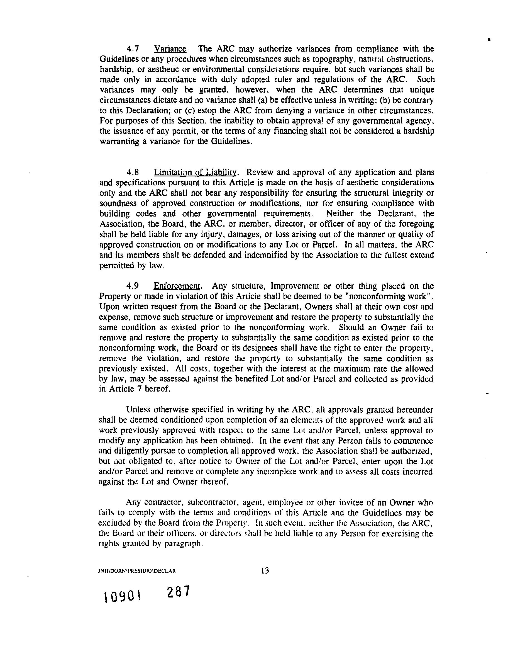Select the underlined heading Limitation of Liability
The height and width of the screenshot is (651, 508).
tap(195, 172)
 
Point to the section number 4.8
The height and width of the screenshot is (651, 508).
tap(133, 172)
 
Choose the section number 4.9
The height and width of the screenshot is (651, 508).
tap(133, 286)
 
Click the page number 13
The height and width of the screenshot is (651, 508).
tap(265, 570)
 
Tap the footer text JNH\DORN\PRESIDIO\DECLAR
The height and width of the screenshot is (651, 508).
tap(137, 571)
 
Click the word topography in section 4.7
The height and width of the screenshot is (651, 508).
tap(322, 59)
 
